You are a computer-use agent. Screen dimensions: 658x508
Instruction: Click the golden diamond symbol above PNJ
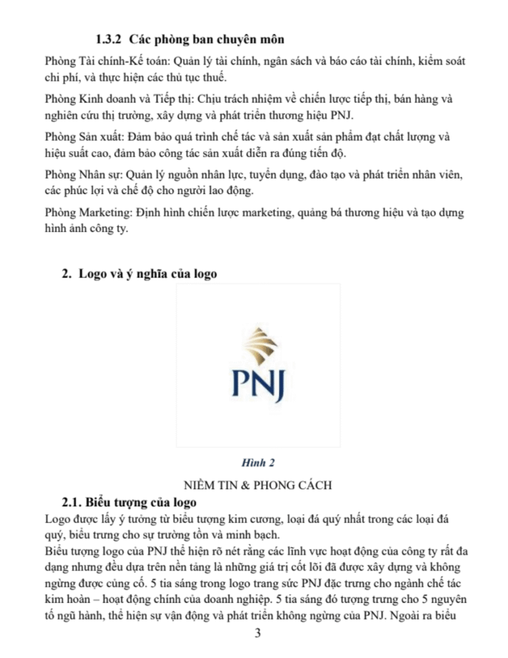point(259,346)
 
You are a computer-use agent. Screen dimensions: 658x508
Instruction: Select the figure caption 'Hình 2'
point(258,462)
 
